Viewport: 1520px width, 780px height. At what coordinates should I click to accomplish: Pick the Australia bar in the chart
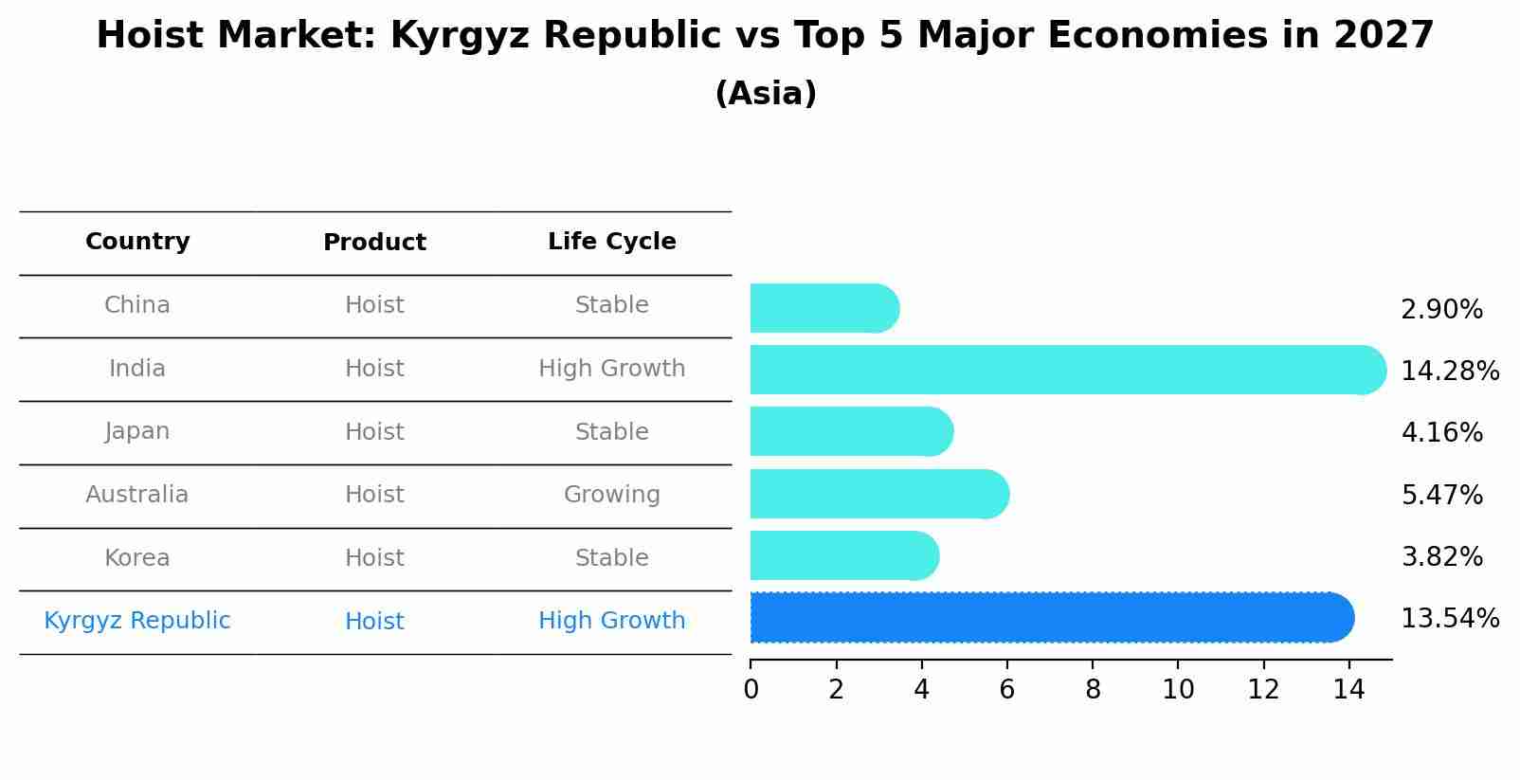click(x=878, y=494)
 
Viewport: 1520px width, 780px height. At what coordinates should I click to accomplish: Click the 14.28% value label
click(x=1449, y=371)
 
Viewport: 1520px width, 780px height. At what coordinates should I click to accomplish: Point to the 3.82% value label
click(x=1441, y=556)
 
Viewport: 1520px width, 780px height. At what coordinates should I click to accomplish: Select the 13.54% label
click(x=1449, y=619)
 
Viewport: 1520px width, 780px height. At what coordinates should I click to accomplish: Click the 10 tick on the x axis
click(x=1178, y=690)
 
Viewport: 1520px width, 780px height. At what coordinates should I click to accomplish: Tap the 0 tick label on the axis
click(x=751, y=690)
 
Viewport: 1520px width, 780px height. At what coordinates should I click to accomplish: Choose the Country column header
click(x=137, y=242)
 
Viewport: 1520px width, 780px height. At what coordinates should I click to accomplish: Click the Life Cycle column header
click(x=611, y=242)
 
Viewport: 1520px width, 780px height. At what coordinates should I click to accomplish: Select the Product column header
click(x=374, y=243)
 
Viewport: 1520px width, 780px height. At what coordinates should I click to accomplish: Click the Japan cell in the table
click(x=137, y=431)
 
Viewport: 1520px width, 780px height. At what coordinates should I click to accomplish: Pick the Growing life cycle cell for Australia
click(x=611, y=495)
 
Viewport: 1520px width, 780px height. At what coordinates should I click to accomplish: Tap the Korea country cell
click(x=137, y=557)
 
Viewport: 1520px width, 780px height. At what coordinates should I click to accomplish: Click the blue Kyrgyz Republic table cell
click(x=137, y=621)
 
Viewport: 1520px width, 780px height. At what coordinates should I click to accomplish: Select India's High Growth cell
click(x=611, y=369)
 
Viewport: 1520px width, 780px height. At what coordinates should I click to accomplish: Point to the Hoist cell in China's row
click(x=374, y=305)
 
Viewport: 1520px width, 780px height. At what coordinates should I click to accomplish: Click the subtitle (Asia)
click(x=766, y=94)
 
